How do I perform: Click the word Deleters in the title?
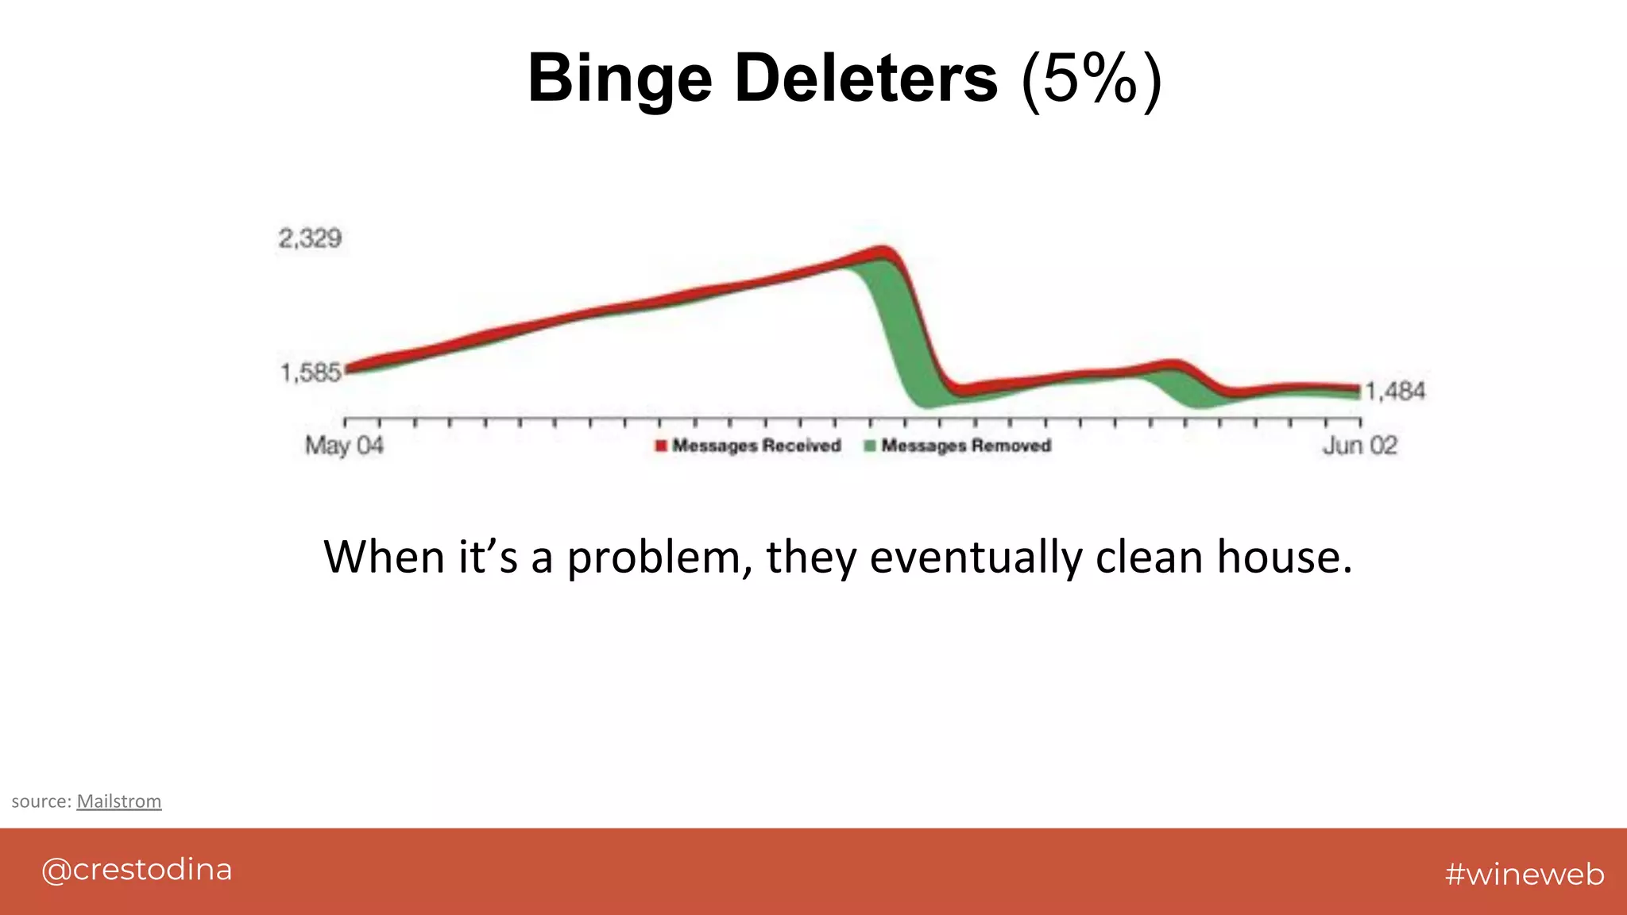click(866, 78)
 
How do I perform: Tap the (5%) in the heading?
click(1092, 79)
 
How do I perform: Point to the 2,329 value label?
click(310, 238)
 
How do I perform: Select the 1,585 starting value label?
click(310, 372)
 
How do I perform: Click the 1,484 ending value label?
click(1395, 391)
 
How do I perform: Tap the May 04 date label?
click(344, 446)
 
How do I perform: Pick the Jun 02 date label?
click(1359, 446)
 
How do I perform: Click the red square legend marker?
click(661, 446)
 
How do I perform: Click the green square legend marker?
click(870, 446)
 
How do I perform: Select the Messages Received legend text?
click(756, 446)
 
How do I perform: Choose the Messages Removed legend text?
click(966, 446)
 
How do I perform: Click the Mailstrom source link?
click(119, 801)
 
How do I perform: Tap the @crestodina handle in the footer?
click(137, 870)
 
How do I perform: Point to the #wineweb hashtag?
click(1525, 874)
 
